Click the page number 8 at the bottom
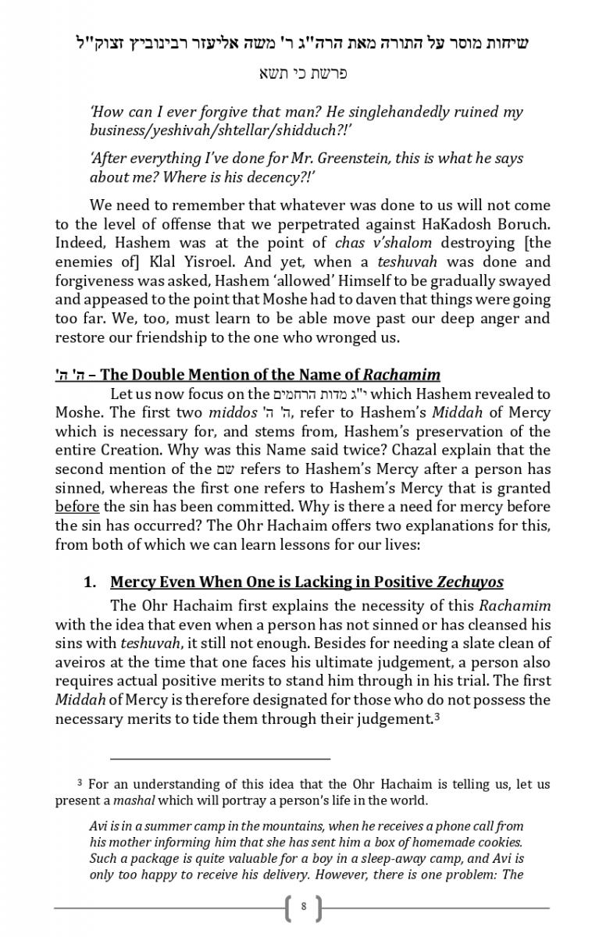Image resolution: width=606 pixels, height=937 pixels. (x=304, y=907)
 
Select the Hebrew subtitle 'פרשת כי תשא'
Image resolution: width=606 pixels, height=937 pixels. (x=303, y=74)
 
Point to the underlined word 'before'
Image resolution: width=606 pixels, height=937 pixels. (x=77, y=506)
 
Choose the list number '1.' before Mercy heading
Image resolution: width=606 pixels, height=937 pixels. (x=91, y=582)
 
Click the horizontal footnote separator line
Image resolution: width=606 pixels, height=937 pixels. (x=220, y=757)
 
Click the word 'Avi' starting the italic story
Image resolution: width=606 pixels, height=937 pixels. (x=99, y=826)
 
